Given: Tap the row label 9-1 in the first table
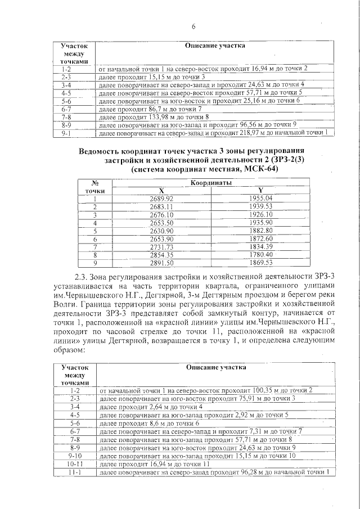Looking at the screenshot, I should click(x=66, y=133).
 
